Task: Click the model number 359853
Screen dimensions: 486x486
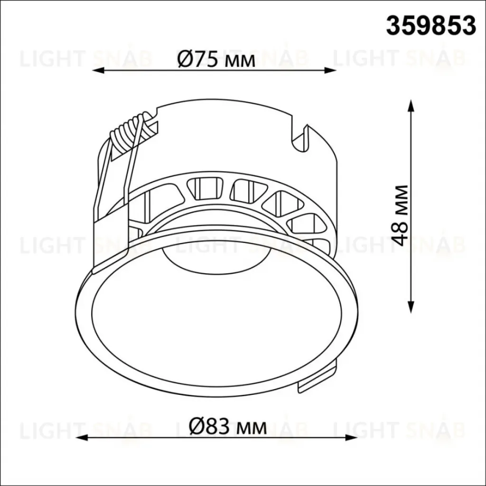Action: [431, 26]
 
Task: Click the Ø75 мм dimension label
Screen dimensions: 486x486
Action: [216, 59]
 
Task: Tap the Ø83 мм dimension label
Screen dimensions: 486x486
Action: [228, 427]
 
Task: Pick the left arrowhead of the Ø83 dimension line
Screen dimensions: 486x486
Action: [82, 438]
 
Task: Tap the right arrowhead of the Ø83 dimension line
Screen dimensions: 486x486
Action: [352, 438]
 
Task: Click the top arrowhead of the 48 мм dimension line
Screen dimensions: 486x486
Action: [411, 106]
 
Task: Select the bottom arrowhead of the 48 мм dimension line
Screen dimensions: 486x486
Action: [411, 307]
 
